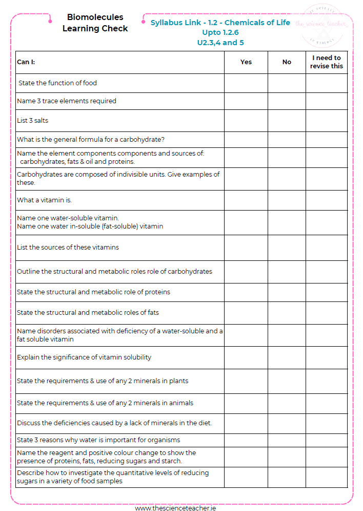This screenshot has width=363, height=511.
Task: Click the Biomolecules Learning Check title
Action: pyautogui.click(x=95, y=23)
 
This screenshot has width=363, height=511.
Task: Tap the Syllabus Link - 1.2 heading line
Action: pyautogui.click(x=220, y=23)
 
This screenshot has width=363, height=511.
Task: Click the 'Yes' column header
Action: pyautogui.click(x=246, y=62)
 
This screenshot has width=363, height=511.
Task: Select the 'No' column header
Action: pyautogui.click(x=287, y=62)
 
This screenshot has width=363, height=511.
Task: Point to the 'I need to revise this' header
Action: pyautogui.click(x=327, y=62)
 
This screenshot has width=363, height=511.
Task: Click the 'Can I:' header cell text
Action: pyautogui.click(x=26, y=62)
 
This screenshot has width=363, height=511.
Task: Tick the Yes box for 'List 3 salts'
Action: pyautogui.click(x=246, y=121)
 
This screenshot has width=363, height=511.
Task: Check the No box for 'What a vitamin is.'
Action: pyautogui.click(x=287, y=200)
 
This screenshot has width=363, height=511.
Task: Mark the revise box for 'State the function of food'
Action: pyautogui.click(x=327, y=83)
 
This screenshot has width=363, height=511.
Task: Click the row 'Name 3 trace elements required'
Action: pyautogui.click(x=67, y=101)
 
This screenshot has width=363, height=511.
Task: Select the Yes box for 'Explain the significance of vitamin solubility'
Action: pyautogui.click(x=246, y=357)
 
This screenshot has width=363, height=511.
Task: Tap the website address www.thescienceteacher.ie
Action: pyautogui.click(x=175, y=508)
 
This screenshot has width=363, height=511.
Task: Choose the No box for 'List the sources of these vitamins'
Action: pyautogui.click(x=287, y=248)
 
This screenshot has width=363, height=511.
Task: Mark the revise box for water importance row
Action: pyautogui.click(x=327, y=440)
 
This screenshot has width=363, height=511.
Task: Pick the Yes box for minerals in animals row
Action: pyautogui.click(x=246, y=403)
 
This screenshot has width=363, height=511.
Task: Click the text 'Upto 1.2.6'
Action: pyautogui.click(x=220, y=32)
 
